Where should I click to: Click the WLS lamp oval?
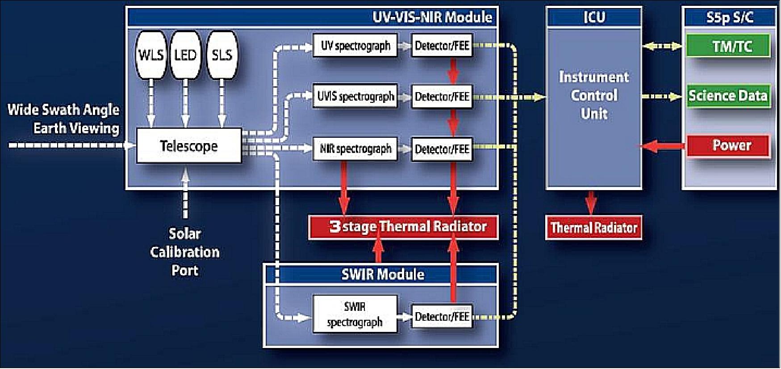point(151,55)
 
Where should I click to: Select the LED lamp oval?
point(185,55)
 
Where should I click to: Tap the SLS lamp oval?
point(222,55)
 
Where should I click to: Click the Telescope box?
point(188,146)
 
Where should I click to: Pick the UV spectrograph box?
point(355,46)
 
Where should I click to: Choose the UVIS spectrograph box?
point(355,96)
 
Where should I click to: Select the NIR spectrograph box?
point(355,148)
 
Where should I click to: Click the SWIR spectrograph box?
point(355,314)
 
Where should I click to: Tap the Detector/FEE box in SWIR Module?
point(442,317)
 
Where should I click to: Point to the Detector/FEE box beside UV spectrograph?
point(442,46)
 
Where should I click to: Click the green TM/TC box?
point(728,46)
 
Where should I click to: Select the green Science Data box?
point(728,95)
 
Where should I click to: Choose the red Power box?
point(728,145)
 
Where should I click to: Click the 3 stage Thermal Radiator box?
point(403,227)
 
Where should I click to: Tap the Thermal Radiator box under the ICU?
point(593,228)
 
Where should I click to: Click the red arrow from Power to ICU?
point(663,146)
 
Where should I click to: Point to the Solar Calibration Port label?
point(185,252)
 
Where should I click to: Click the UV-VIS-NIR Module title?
point(432,17)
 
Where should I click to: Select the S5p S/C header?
point(729,17)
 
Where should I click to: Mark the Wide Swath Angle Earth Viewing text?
point(64,119)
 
